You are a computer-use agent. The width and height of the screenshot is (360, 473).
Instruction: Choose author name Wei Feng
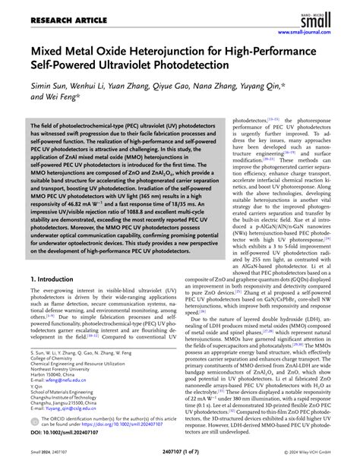coord(62,99)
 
